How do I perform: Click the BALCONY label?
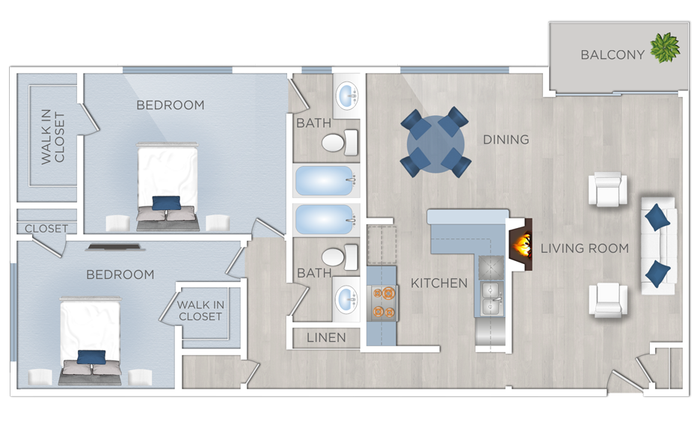(x=612, y=55)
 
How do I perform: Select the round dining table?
(x=435, y=142)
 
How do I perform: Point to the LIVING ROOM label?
(x=584, y=248)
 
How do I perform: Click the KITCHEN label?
(x=439, y=283)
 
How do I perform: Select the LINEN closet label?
(x=326, y=338)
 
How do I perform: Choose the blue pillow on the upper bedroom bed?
(x=166, y=203)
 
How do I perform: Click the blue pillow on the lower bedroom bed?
(x=91, y=357)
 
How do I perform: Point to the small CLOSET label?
(x=46, y=229)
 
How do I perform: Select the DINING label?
(x=506, y=140)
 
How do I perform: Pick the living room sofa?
(x=658, y=245)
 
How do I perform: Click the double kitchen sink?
(x=492, y=298)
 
